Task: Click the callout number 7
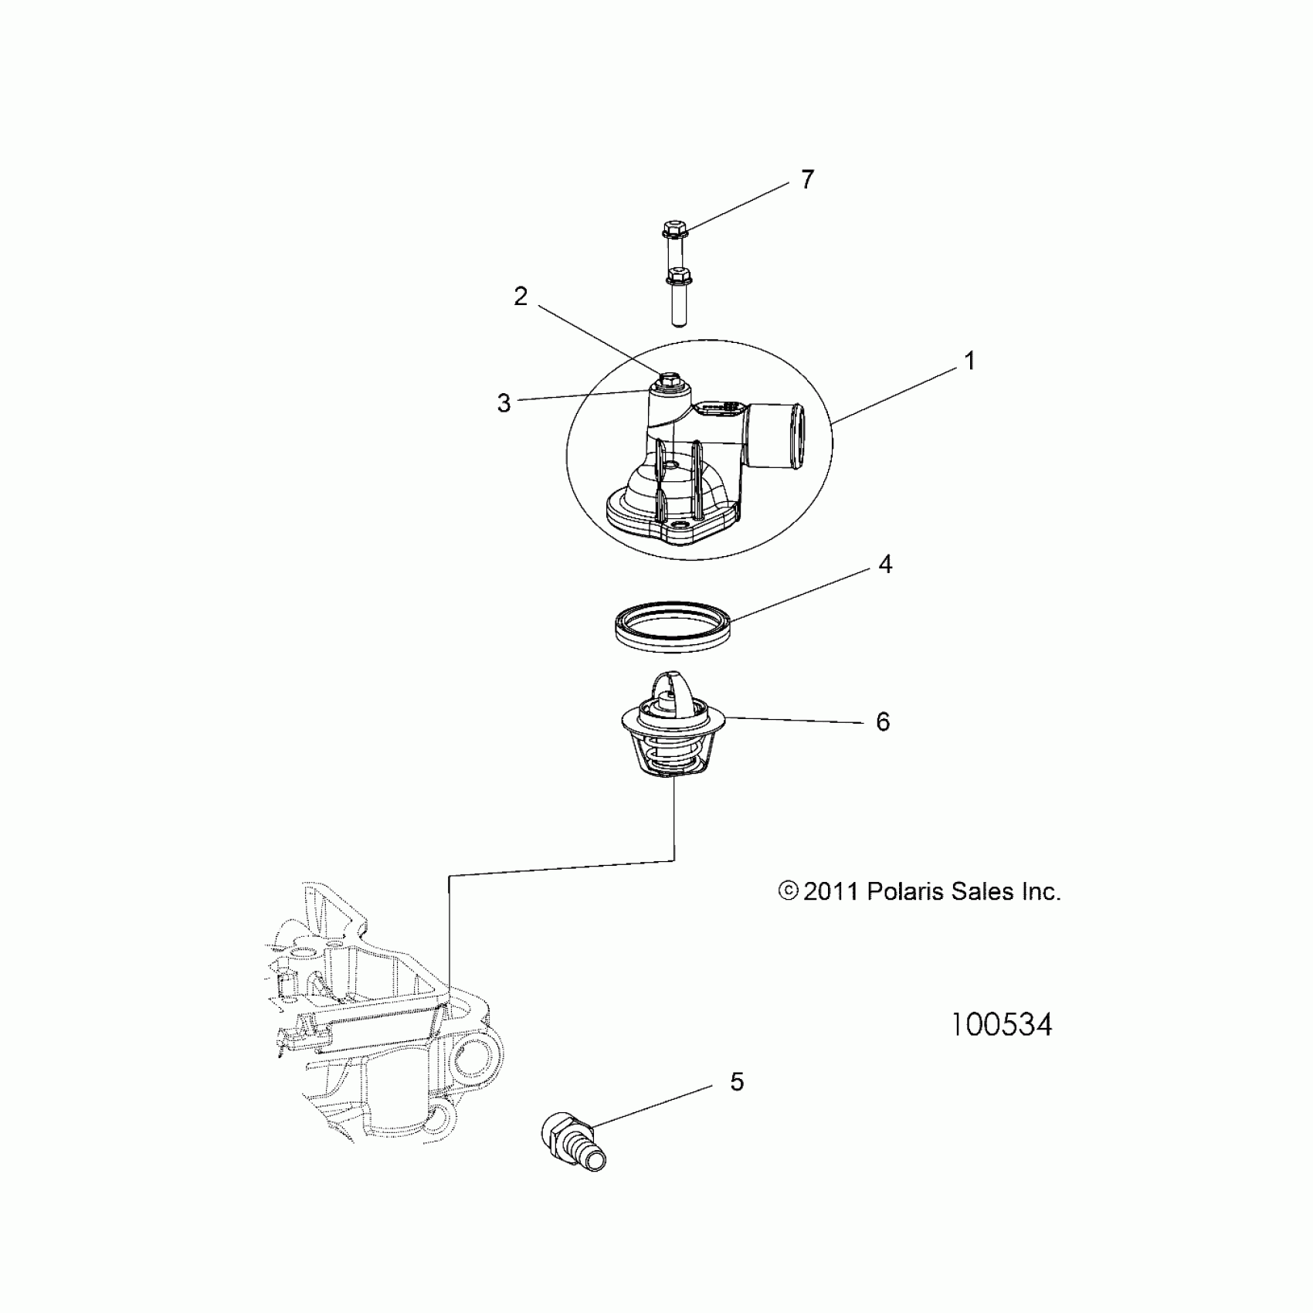(x=807, y=180)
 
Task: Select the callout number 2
(x=521, y=296)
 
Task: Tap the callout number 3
(x=504, y=402)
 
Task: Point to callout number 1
(x=969, y=361)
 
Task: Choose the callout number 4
(x=885, y=565)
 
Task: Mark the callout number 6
(x=883, y=721)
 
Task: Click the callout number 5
(x=737, y=1082)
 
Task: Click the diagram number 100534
(x=1001, y=1025)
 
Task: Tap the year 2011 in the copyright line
(x=831, y=891)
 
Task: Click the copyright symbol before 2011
(x=788, y=891)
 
